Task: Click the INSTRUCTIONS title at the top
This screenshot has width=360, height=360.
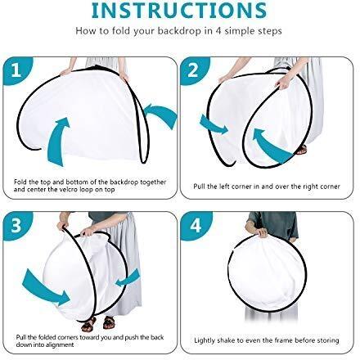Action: click(179, 10)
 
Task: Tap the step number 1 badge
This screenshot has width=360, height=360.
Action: click(17, 70)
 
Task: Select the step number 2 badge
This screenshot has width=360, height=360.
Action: click(194, 70)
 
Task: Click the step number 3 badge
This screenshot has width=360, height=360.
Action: click(17, 225)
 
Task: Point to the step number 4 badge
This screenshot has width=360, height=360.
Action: click(196, 226)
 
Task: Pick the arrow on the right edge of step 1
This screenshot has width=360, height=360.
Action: click(161, 115)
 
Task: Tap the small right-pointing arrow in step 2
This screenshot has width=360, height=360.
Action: click(214, 125)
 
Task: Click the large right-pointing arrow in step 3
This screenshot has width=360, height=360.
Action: click(46, 288)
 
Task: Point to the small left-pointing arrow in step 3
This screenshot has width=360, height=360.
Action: click(128, 279)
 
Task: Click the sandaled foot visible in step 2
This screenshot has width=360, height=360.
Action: click(301, 150)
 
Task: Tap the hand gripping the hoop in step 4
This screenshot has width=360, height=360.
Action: click(261, 232)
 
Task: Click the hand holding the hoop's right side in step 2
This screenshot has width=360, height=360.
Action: click(284, 83)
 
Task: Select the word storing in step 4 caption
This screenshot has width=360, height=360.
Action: click(328, 340)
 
